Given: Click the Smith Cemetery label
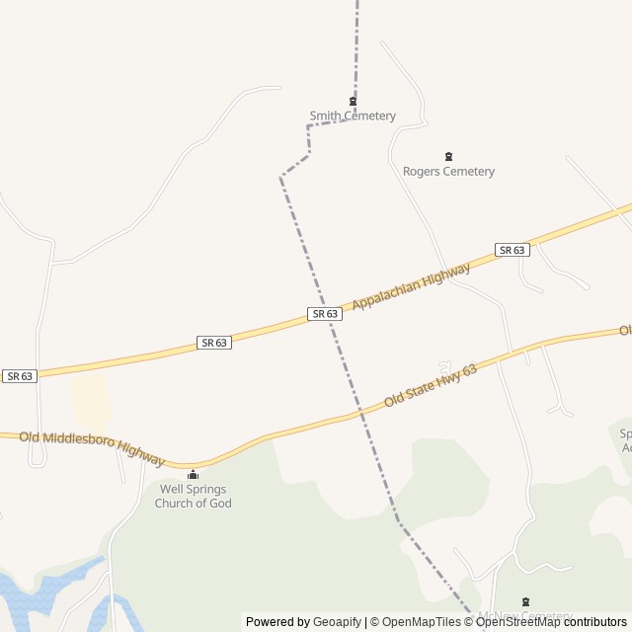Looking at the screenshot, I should [x=353, y=116].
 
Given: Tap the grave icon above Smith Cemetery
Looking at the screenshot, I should [x=353, y=101].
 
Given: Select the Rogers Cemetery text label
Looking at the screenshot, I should [x=448, y=171].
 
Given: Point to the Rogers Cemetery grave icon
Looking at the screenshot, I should [x=448, y=156].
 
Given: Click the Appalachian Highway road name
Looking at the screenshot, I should [x=411, y=287].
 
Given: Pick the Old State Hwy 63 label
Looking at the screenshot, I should [x=431, y=386].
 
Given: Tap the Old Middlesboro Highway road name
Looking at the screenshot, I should [x=91, y=446].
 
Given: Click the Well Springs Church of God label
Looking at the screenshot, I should [x=193, y=496].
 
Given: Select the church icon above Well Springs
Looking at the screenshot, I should [x=193, y=474].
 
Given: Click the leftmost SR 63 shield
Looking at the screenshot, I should [x=20, y=376].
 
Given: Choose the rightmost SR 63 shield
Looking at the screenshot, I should [x=512, y=250].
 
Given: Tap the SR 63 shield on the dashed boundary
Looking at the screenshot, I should [x=325, y=314].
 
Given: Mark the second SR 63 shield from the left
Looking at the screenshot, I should [x=213, y=343].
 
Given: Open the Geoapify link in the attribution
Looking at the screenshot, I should [x=337, y=622].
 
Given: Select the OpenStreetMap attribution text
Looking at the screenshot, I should [x=517, y=622].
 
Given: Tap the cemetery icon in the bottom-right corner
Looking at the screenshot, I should [x=525, y=601].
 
